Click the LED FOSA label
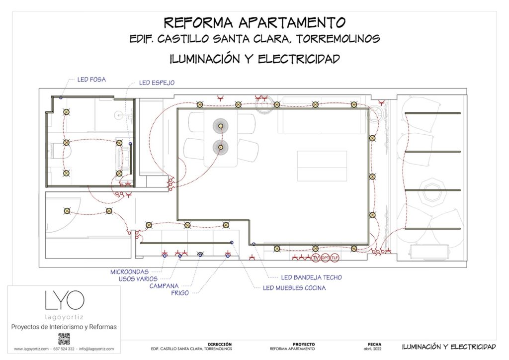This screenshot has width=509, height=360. click(91, 79)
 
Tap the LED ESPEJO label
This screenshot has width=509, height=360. click(157, 83)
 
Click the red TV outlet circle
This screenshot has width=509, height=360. click(315, 258)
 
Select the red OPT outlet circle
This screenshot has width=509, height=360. click(325, 258)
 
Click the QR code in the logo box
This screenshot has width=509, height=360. click(64, 339)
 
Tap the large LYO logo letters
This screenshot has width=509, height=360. click(64, 300)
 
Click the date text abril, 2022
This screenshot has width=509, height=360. click(374, 349)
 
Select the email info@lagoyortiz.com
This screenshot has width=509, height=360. click(96, 349)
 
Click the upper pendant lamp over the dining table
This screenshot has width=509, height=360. click(220, 125)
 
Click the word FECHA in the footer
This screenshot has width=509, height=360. click(374, 344)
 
